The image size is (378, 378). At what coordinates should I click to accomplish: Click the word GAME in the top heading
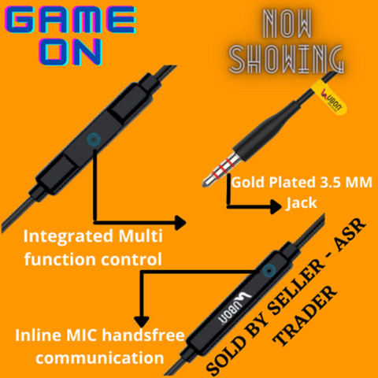pyautogui.click(x=70, y=20)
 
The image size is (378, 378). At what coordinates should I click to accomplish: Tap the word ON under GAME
pyautogui.click(x=70, y=52)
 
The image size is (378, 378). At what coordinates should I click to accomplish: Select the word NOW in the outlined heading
pyautogui.click(x=287, y=24)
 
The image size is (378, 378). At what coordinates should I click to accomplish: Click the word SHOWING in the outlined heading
pyautogui.click(x=287, y=59)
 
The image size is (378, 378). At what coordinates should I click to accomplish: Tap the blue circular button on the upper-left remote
pyautogui.click(x=94, y=139)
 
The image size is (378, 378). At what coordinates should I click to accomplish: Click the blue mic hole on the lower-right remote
pyautogui.click(x=269, y=271)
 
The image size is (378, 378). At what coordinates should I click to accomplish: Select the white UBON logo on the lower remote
pyautogui.click(x=235, y=306)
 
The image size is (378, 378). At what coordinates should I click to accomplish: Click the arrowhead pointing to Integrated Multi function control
pyautogui.click(x=180, y=223)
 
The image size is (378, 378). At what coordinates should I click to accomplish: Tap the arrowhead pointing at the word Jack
pyautogui.click(x=276, y=206)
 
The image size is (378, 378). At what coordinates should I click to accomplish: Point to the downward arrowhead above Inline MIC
pyautogui.click(x=142, y=321)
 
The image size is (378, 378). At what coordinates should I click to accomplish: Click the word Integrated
pyautogui.click(x=69, y=236)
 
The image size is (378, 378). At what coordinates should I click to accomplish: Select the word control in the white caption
pyautogui.click(x=132, y=259)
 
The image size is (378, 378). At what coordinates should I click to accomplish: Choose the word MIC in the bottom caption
pyautogui.click(x=82, y=335)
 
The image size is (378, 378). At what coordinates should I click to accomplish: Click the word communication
pyautogui.click(x=100, y=358)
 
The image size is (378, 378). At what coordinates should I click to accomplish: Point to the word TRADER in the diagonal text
pyautogui.click(x=306, y=315)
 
